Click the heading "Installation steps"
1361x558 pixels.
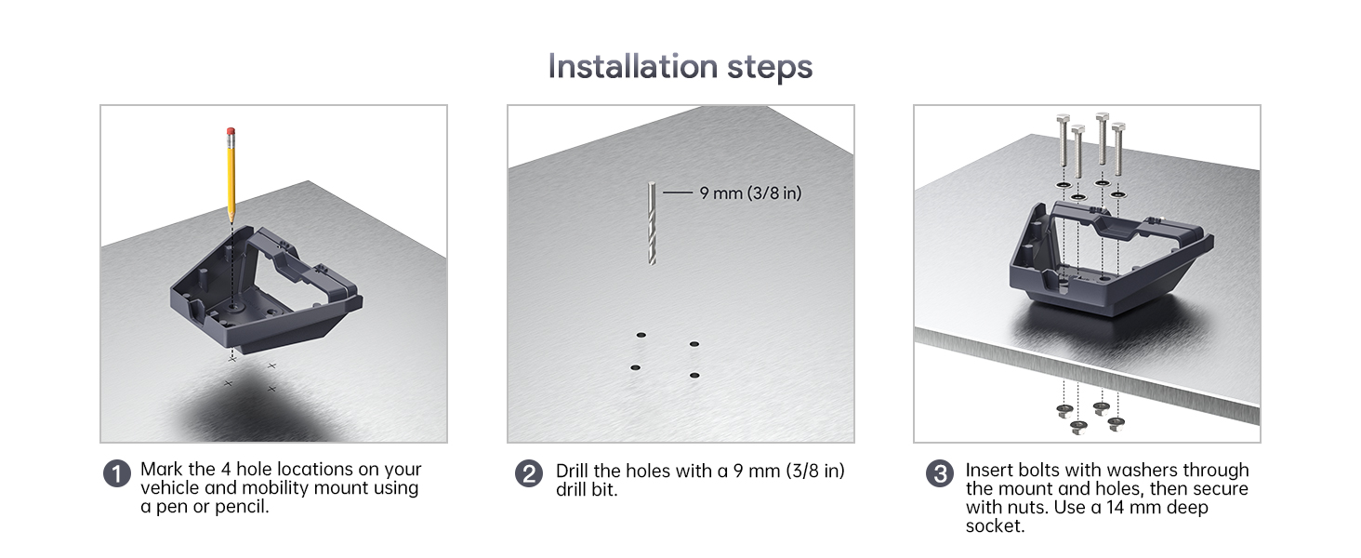[x=680, y=66]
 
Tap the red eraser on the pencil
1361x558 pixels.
[x=231, y=131]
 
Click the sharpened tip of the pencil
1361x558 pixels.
[x=231, y=222]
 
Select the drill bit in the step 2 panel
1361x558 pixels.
[x=652, y=224]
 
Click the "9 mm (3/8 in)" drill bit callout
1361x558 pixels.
[x=750, y=193]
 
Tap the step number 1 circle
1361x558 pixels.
[x=116, y=473]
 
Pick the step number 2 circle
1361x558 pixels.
[x=529, y=473]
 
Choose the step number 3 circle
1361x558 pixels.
[x=939, y=473]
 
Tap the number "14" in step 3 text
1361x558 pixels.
[x=1115, y=507]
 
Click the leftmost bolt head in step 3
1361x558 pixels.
[x=1063, y=117]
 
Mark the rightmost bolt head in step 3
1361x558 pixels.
[x=1118, y=127]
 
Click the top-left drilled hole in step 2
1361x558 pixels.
[x=641, y=335]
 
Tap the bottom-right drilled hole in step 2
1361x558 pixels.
[x=694, y=376]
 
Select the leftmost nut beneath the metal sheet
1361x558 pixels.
[x=1064, y=411]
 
